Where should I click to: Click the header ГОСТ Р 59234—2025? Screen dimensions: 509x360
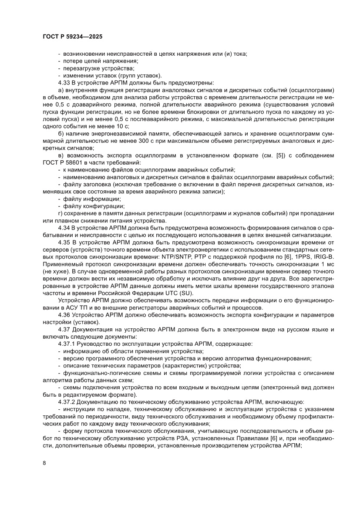(x=72, y=37)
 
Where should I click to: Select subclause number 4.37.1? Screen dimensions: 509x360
(x=67, y=344)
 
